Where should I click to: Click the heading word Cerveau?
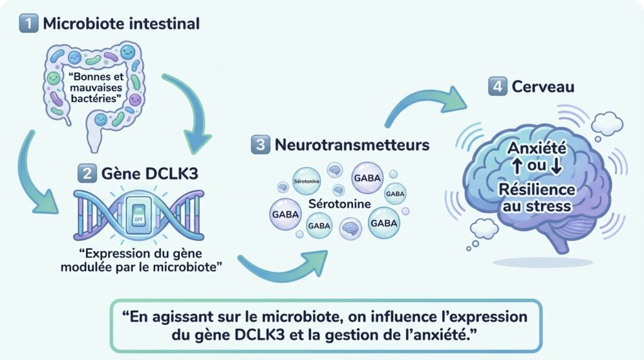[541, 87]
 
